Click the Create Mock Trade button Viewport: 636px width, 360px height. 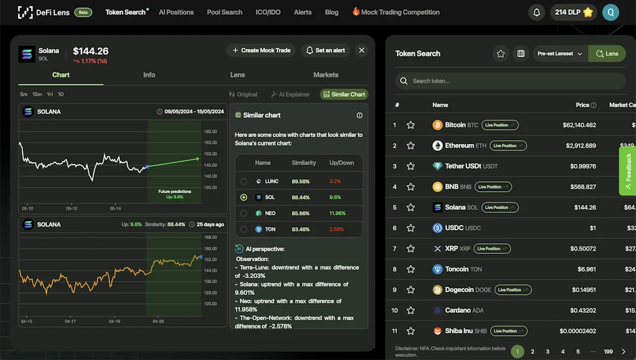tap(261, 50)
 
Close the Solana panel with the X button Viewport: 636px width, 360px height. tap(361, 50)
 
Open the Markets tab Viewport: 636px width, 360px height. tap(325, 75)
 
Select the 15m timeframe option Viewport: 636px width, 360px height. tap(37, 94)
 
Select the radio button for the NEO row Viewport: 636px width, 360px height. tap(243, 213)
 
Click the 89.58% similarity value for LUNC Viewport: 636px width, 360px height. tap(300, 181)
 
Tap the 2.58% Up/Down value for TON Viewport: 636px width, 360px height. tap(336, 229)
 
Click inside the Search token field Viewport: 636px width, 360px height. tap(509, 81)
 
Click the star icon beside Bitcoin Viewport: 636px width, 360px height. tap(411, 125)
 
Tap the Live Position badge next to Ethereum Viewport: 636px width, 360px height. tap(508, 146)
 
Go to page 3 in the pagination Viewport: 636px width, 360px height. tap(547, 352)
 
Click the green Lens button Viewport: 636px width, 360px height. tap(607, 54)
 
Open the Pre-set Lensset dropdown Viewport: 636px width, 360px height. tap(560, 54)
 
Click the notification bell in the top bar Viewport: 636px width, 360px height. tap(536, 12)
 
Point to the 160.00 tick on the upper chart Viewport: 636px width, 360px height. tap(211, 132)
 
